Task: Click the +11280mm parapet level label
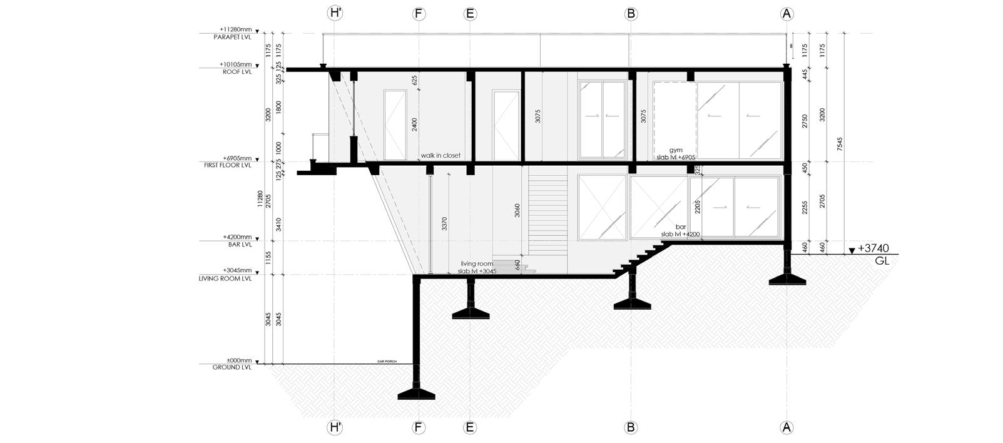pyautogui.click(x=235, y=29)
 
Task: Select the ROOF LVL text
pyautogui.click(x=237, y=72)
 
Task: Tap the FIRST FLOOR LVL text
pyautogui.click(x=228, y=166)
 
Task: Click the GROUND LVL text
pyautogui.click(x=232, y=368)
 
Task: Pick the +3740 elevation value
pyautogui.click(x=873, y=248)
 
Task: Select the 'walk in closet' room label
pyautogui.click(x=440, y=155)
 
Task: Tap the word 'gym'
pyautogui.click(x=675, y=150)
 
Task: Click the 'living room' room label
pyautogui.click(x=477, y=264)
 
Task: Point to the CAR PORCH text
pyautogui.click(x=385, y=361)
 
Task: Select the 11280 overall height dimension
pyautogui.click(x=260, y=199)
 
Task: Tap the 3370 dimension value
pyautogui.click(x=444, y=224)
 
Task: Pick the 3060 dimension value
pyautogui.click(x=517, y=211)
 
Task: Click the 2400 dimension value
pyautogui.click(x=414, y=124)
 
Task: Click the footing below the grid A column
pyautogui.click(x=787, y=279)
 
